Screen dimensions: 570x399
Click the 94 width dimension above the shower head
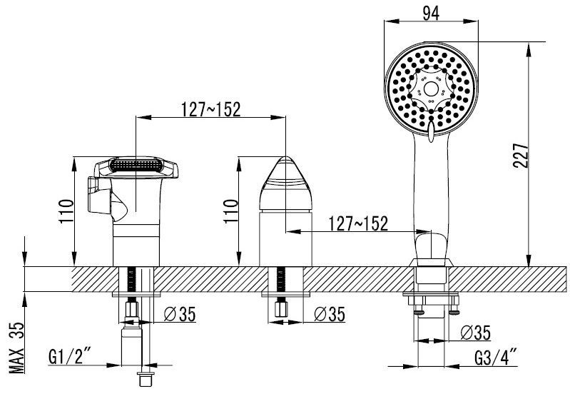point(431,14)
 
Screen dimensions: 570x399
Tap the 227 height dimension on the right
point(521,155)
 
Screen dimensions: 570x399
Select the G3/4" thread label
point(496,357)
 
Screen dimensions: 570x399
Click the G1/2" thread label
point(70,356)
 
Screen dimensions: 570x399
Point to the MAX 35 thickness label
point(16,348)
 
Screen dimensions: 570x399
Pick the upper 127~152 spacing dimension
point(211,109)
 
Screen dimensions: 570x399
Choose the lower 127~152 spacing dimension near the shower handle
point(358,223)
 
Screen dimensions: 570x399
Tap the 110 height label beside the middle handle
point(231,211)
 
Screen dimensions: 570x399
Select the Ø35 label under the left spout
point(180,314)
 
